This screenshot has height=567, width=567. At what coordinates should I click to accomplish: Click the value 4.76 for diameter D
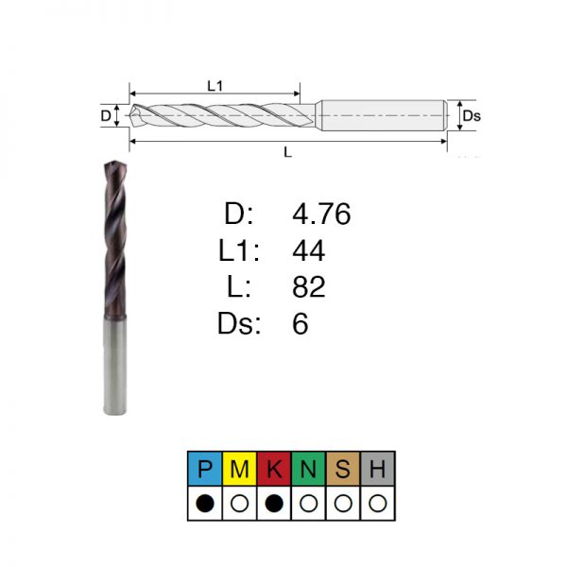coord(321,214)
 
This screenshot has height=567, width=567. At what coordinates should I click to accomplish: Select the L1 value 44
coord(308,250)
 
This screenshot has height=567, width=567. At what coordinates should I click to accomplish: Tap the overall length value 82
coord(309,286)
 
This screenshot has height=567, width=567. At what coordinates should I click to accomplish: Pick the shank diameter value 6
coord(301,323)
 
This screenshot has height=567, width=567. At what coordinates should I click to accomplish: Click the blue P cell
coord(205,469)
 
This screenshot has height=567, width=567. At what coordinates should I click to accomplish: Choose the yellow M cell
coord(239,469)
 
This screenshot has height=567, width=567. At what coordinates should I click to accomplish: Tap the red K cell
coord(274,469)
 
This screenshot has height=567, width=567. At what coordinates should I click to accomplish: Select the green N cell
coord(308,469)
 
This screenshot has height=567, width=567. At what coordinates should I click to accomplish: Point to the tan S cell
coord(343,469)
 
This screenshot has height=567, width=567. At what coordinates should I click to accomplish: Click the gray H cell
coord(377,469)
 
